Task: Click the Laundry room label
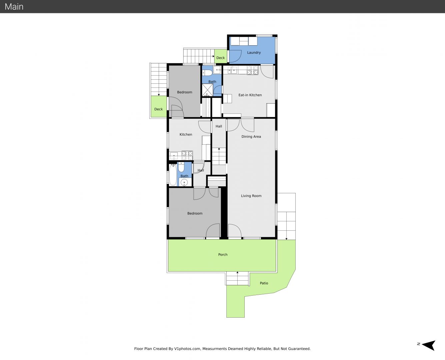click(254, 52)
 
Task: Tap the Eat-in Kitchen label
click(250, 95)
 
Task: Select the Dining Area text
click(251, 136)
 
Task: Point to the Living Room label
click(251, 196)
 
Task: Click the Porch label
click(223, 254)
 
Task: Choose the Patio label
click(264, 283)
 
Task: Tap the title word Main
click(14, 7)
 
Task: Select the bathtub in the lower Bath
click(173, 175)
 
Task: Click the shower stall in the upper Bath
click(207, 90)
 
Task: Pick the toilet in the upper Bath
click(207, 73)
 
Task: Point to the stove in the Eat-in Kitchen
click(252, 70)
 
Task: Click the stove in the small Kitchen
click(187, 156)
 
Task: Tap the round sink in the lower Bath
click(184, 183)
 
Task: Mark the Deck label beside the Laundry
click(220, 58)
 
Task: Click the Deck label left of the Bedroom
click(158, 109)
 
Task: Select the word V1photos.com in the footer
click(187, 349)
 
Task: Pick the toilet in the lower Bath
click(181, 167)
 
